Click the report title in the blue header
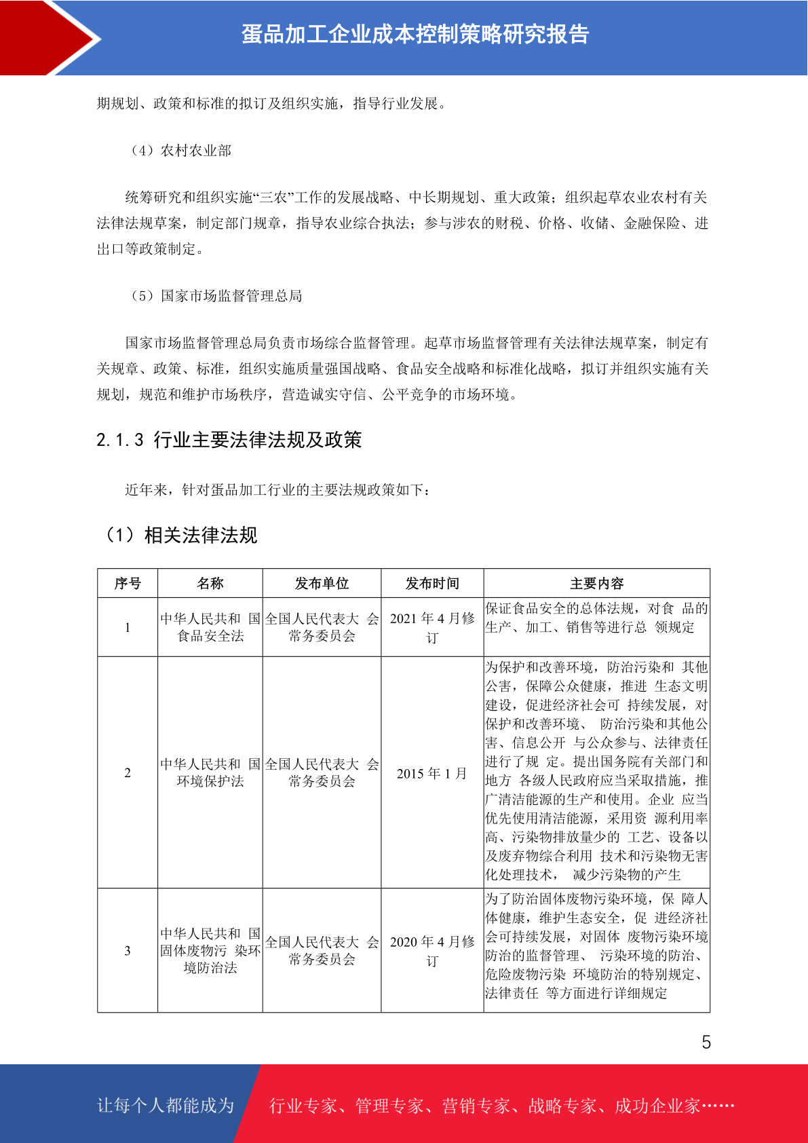(415, 35)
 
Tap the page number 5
(706, 1042)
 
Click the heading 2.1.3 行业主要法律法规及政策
(229, 440)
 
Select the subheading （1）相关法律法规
(180, 536)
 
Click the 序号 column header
(128, 584)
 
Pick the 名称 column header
(210, 584)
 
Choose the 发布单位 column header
(322, 584)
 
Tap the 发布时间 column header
(432, 584)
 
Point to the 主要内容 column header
(596, 584)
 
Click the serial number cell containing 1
(128, 627)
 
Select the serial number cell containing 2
(128, 772)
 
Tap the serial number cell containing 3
(128, 950)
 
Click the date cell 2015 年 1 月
(432, 774)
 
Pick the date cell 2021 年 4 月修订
(432, 627)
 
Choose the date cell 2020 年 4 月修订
(432, 950)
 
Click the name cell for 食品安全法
(210, 627)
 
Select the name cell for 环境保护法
(210, 772)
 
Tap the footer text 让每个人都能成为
(166, 1106)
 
